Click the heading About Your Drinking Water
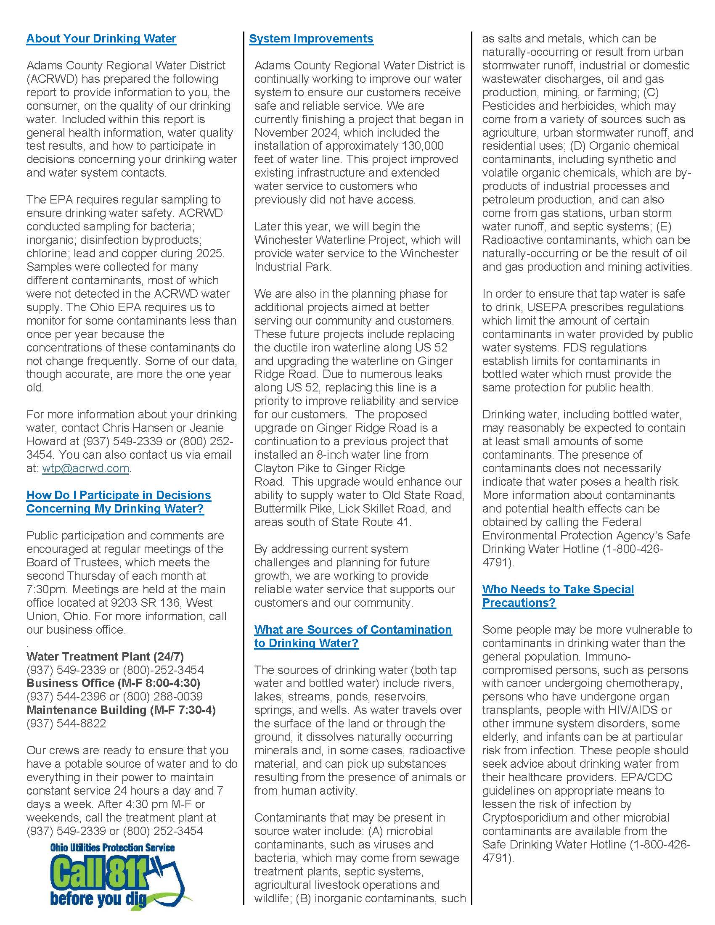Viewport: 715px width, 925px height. (101, 39)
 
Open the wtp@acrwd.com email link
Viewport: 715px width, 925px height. (85, 468)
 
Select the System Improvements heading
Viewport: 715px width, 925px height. (311, 39)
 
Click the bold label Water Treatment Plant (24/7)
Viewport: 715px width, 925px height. (105, 656)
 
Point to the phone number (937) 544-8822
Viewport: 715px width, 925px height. (66, 724)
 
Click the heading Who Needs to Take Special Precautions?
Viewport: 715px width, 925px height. (557, 596)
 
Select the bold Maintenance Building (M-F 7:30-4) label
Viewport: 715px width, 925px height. (121, 710)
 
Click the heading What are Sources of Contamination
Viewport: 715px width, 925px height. (353, 630)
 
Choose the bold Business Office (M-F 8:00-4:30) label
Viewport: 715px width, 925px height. (113, 683)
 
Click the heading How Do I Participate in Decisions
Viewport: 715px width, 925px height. (119, 496)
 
